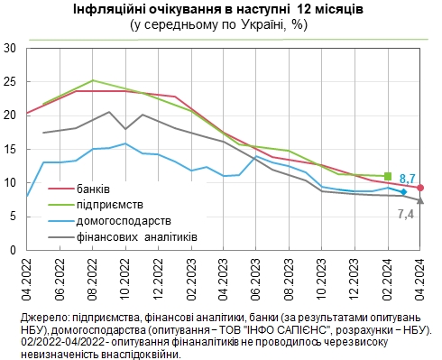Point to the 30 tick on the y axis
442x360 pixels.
[11, 47]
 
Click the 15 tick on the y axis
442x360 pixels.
[11, 149]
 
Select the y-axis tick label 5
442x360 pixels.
[14, 217]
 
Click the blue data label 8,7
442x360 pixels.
[407, 180]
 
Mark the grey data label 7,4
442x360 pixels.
[406, 212]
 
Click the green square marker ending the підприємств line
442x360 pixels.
[388, 176]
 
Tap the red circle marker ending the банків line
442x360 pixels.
[420, 188]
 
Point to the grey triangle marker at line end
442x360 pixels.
[420, 199]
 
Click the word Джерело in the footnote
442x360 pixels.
[41, 318]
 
